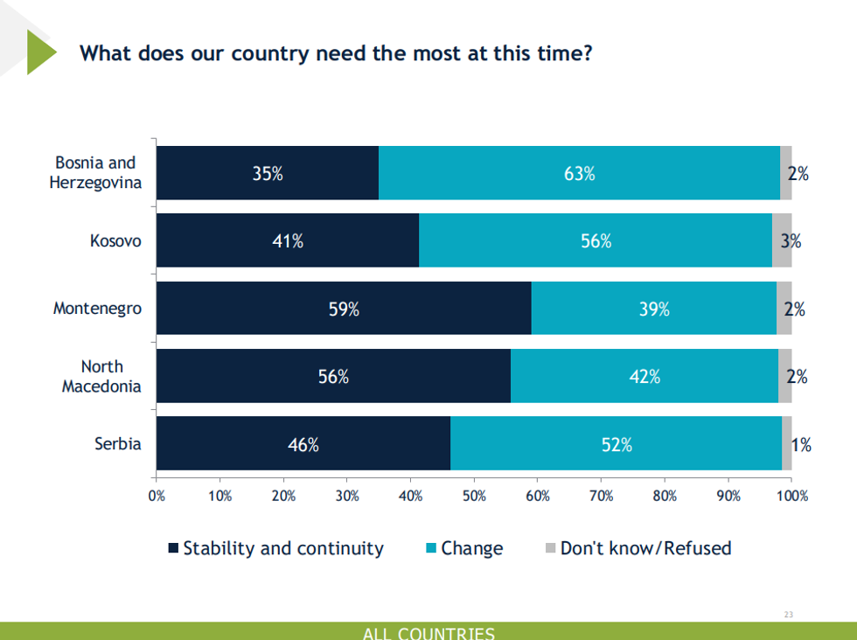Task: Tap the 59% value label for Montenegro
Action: click(344, 309)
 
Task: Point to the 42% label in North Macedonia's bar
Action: click(644, 377)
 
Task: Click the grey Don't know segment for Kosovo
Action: click(782, 240)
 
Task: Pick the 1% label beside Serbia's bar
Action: click(801, 445)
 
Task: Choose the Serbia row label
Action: click(118, 443)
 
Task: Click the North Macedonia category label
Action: click(101, 376)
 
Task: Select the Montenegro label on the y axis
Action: click(97, 309)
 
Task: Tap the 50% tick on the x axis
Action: click(474, 496)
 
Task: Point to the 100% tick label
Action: click(792, 496)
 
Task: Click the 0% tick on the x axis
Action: click(157, 496)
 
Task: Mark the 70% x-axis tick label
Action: click(601, 496)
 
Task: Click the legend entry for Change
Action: click(470, 548)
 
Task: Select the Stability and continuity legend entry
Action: click(282, 548)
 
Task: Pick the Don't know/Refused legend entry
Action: click(644, 548)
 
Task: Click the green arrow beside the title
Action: click(40, 52)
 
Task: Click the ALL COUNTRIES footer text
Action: click(428, 633)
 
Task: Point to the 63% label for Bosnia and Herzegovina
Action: click(579, 173)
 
